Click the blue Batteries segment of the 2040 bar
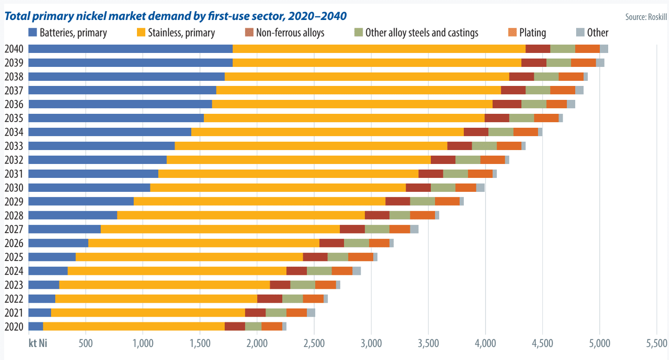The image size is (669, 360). [130, 49]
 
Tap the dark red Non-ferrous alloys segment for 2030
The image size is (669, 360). [418, 188]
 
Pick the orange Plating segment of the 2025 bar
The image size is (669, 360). [361, 257]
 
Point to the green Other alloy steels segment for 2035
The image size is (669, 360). [521, 118]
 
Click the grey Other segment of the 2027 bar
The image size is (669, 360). [414, 229]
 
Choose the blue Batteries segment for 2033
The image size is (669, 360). [102, 146]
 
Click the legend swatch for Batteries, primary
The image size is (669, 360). [32, 33]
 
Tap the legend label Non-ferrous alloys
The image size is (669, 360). [290, 33]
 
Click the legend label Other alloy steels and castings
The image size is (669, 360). [422, 33]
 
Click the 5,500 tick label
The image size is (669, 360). [656, 344]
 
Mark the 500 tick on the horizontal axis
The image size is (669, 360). [85, 344]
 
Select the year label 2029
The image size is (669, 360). [13, 202]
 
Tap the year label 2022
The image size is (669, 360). [13, 299]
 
